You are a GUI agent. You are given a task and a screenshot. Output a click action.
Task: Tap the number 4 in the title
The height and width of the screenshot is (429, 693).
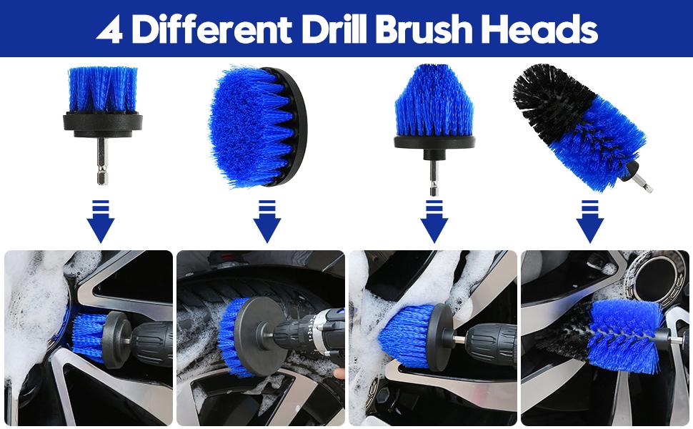[109, 30]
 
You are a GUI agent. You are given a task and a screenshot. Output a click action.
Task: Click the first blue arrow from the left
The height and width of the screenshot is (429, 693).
[101, 222]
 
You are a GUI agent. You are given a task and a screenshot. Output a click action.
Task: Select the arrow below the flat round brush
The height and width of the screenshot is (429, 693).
[267, 222]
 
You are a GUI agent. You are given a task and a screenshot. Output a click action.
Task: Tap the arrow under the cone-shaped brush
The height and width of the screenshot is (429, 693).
[434, 222]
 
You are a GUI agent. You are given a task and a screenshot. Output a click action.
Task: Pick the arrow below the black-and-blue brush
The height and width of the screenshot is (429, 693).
[589, 222]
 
